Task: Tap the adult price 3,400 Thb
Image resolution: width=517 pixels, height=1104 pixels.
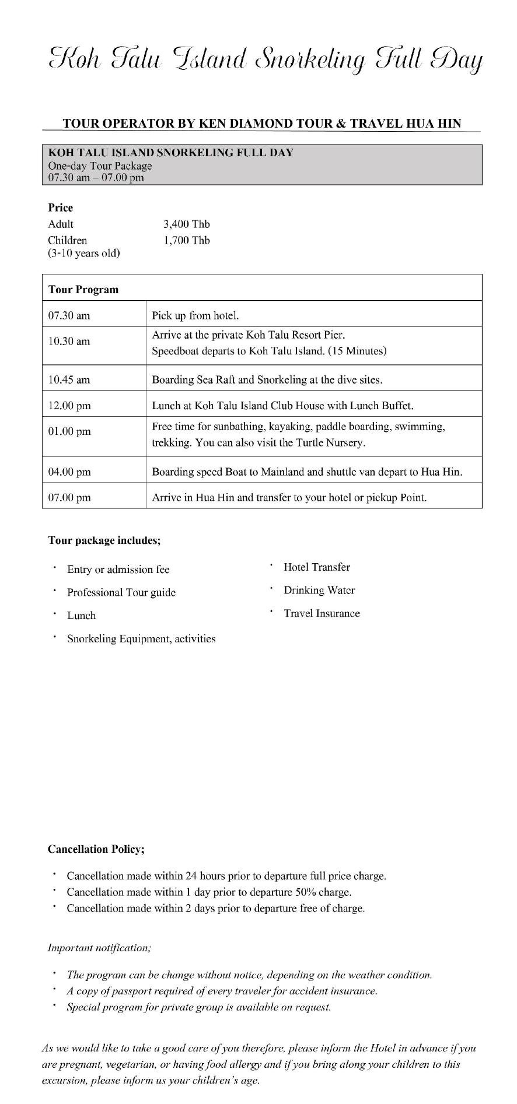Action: click(x=186, y=224)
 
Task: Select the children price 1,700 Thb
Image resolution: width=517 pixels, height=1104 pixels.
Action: click(x=186, y=241)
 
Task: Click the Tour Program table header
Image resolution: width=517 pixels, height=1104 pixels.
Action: click(x=83, y=290)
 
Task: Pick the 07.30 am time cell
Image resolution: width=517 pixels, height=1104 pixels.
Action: click(x=69, y=316)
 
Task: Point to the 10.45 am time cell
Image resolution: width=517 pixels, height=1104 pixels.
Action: click(x=69, y=380)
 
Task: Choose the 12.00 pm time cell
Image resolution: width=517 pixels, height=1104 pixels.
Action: click(x=69, y=406)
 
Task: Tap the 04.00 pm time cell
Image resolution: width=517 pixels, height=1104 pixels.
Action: click(x=69, y=472)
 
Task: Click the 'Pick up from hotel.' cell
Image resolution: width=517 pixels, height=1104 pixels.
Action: click(x=195, y=316)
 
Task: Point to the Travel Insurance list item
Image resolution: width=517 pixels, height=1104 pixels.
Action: click(x=322, y=613)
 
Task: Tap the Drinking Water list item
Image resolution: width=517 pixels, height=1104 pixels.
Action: click(x=319, y=590)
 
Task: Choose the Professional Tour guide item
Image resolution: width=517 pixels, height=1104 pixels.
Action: click(x=121, y=593)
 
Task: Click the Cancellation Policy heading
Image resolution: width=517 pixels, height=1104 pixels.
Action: click(x=96, y=849)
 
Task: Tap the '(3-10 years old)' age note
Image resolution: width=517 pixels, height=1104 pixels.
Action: click(x=84, y=254)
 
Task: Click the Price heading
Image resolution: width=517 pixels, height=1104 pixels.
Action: click(x=61, y=208)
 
